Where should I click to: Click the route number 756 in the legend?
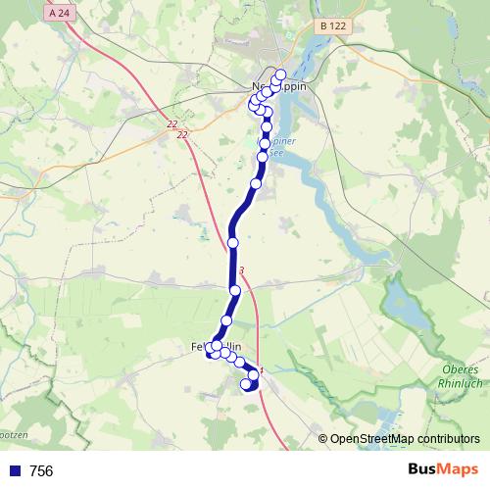click(41, 471)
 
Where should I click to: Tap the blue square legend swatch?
click(14, 471)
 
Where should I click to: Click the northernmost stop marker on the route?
click(280, 75)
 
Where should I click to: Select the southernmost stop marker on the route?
click(247, 385)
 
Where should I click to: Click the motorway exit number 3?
click(241, 270)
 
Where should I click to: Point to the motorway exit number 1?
click(262, 370)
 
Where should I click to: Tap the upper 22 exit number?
click(171, 123)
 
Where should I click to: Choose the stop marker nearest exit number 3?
click(235, 290)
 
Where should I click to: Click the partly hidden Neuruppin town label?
click(279, 87)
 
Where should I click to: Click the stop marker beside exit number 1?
click(254, 374)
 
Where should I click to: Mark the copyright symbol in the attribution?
click(323, 439)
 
